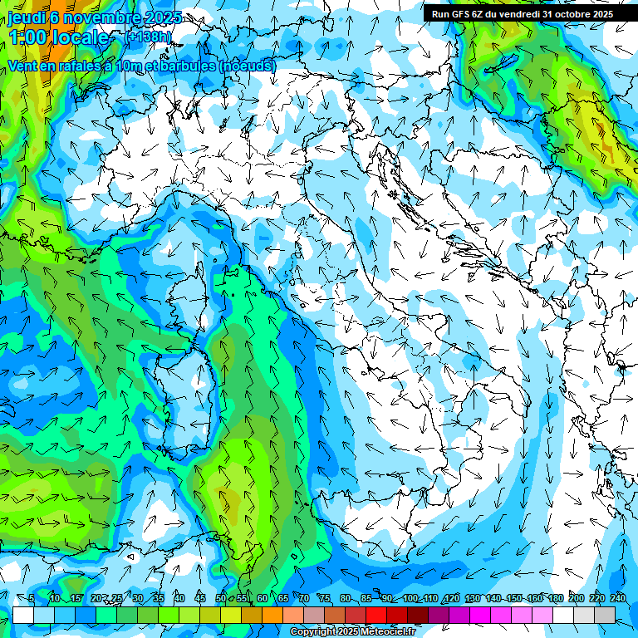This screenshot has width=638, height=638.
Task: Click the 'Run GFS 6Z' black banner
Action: tap(522, 14)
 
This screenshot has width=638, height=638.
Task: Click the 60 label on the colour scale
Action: tap(262, 599)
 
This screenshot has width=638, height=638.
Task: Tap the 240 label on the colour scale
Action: tap(617, 599)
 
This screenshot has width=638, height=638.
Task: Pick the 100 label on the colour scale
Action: tap(410, 599)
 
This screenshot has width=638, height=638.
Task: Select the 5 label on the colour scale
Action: tap(32, 599)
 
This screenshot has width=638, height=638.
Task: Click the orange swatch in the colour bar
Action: tap(272, 615)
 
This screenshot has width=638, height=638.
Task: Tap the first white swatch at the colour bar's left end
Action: tap(23, 615)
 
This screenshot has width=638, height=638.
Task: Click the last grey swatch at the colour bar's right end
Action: tap(605, 615)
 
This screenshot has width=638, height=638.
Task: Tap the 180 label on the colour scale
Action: tap(555, 599)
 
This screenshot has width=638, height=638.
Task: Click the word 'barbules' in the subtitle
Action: tap(182, 66)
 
